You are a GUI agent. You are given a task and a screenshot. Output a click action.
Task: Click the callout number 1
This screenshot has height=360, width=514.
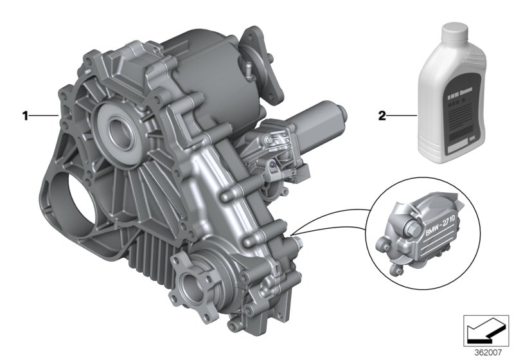(25, 116)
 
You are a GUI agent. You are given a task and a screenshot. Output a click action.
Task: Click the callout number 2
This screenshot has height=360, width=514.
(381, 116)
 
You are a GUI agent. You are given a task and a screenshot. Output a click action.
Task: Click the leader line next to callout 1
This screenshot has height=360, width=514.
(45, 116)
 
